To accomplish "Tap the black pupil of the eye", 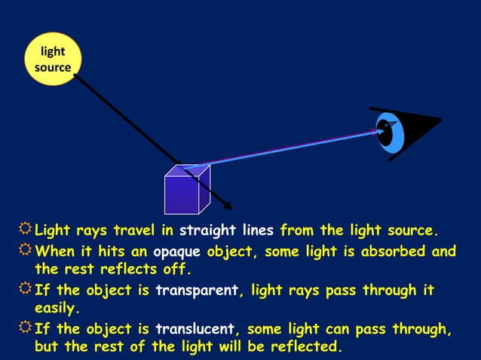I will tap(385, 134).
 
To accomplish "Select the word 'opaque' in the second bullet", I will tap(177, 252).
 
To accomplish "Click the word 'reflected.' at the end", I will tap(305, 346).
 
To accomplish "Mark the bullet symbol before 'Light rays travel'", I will tap(25, 229).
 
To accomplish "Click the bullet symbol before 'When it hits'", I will tap(25, 251).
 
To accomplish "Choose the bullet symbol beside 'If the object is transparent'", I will tap(25, 290).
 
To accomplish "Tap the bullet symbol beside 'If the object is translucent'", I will tap(25, 328).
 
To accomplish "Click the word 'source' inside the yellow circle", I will tap(53, 68).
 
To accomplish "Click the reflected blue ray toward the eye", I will tap(286, 149).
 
